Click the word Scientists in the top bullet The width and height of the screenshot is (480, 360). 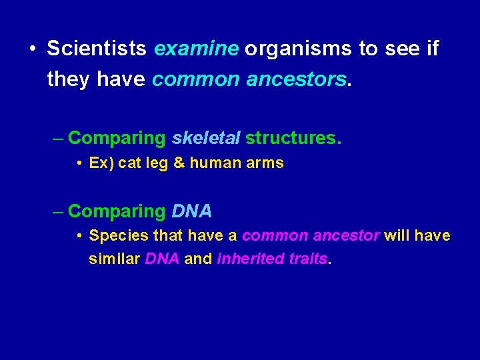(97, 49)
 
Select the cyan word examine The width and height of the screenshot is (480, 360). (197, 49)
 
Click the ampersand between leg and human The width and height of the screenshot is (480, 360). (178, 163)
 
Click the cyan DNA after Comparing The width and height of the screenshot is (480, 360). (192, 211)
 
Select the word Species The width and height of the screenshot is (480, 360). (119, 236)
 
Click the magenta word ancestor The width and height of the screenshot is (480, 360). (348, 236)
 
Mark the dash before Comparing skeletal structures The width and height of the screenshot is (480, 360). (59, 139)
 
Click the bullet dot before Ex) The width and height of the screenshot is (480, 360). (79, 163)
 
